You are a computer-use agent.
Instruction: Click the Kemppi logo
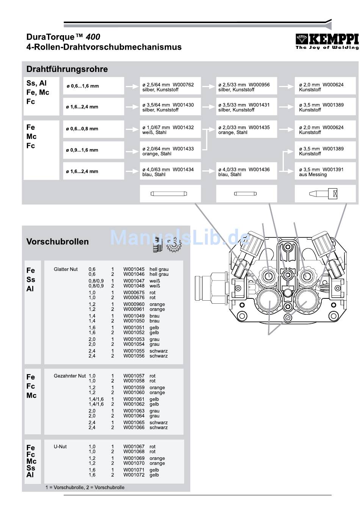pyautogui.click(x=327, y=41)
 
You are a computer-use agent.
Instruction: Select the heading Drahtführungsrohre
pyautogui.click(x=67, y=69)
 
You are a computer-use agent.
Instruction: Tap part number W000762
pyautogui.click(x=183, y=84)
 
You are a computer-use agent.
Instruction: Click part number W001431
pyautogui.click(x=259, y=105)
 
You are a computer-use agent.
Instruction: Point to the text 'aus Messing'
pyautogui.click(x=313, y=175)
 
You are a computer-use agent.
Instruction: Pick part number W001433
pyautogui.click(x=183, y=149)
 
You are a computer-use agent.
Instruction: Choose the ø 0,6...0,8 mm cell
pyautogui.click(x=93, y=129)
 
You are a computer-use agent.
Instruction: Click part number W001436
pyautogui.click(x=259, y=169)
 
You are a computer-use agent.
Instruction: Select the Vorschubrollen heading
pyautogui.click(x=58, y=242)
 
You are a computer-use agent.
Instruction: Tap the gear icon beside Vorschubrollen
pyautogui.click(x=174, y=245)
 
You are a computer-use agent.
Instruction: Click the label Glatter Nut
pyautogui.click(x=66, y=269)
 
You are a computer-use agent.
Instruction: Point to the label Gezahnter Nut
pyautogui.click(x=70, y=376)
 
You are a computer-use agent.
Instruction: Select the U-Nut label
pyautogui.click(x=60, y=446)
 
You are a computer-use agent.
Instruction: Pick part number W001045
pyautogui.click(x=134, y=269)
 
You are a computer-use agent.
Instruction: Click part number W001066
pyautogui.click(x=134, y=428)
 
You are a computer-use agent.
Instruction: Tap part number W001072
pyautogui.click(x=134, y=475)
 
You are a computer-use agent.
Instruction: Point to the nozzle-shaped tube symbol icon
pyautogui.click(x=323, y=194)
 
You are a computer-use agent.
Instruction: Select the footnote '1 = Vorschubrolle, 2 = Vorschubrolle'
pyautogui.click(x=85, y=487)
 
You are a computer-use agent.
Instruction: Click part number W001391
pyautogui.click(x=333, y=169)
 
